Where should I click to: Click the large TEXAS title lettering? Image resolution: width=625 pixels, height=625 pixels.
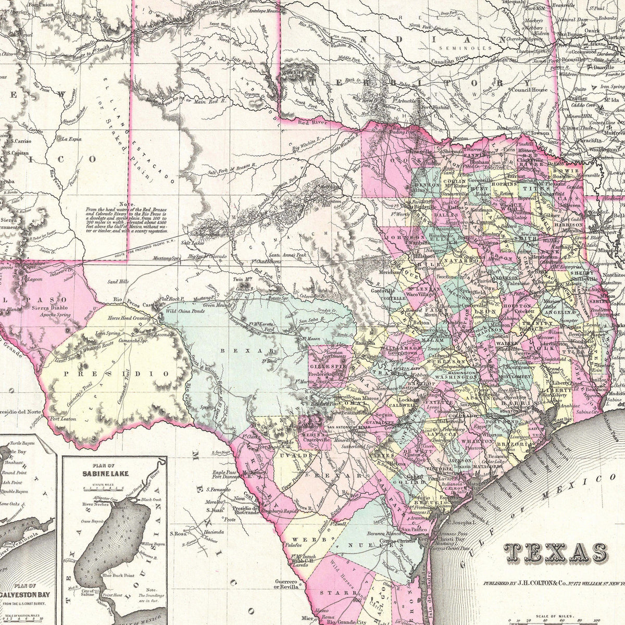click(x=556, y=553)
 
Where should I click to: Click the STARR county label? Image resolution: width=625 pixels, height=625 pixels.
click(x=334, y=593)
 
